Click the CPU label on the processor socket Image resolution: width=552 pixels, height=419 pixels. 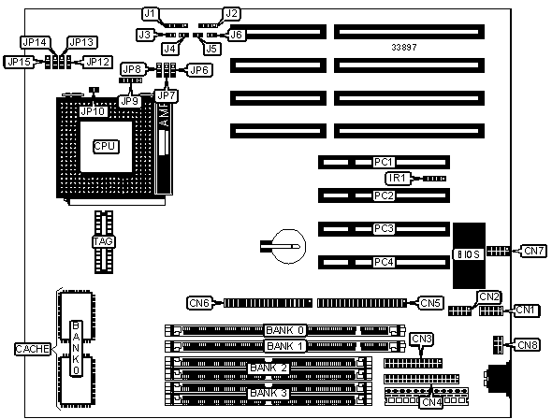(x=106, y=146)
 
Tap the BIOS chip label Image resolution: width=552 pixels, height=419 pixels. (x=468, y=254)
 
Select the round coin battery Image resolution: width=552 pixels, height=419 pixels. (x=289, y=246)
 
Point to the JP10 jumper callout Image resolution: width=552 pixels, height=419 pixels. (x=94, y=111)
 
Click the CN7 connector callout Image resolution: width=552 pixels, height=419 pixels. (x=533, y=251)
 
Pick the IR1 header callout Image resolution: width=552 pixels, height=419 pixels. (x=398, y=178)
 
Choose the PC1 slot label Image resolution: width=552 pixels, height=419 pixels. (x=384, y=162)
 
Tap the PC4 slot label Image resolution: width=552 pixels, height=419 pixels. (x=384, y=262)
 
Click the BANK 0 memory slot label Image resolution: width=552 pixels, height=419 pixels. (x=284, y=330)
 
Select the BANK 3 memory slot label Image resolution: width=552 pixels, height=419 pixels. (x=269, y=393)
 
